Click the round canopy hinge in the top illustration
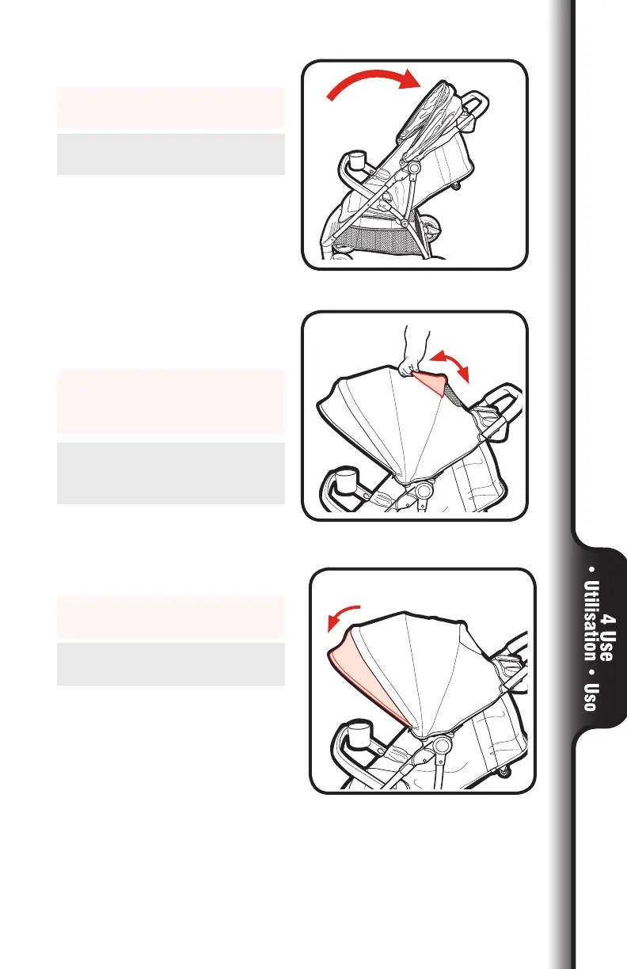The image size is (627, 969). point(411,169)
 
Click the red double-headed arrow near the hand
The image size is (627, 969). point(450,369)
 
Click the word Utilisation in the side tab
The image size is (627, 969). point(589,624)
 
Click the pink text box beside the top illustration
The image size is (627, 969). point(170,108)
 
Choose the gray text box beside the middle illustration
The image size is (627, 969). point(170,473)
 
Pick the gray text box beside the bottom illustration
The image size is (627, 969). point(170,663)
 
